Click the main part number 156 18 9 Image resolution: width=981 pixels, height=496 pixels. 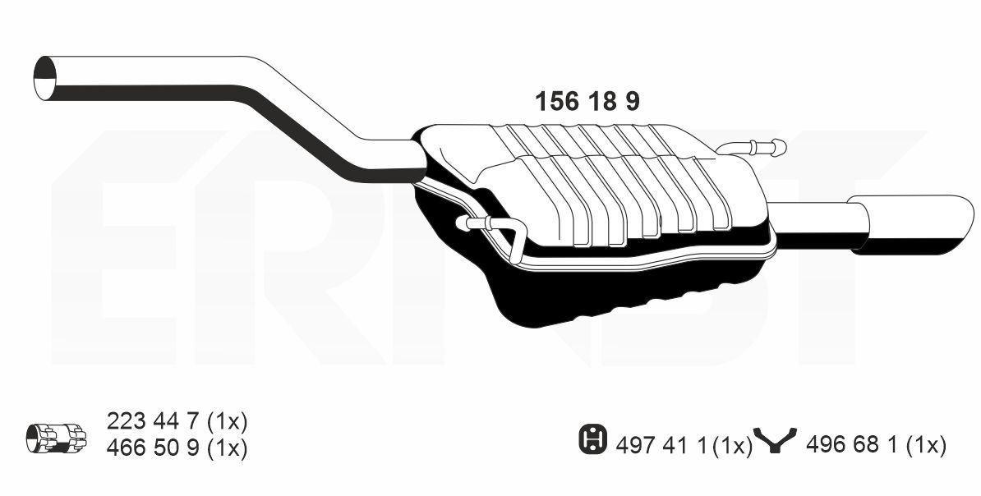(x=587, y=101)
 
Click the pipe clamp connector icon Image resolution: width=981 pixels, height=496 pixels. (x=57, y=437)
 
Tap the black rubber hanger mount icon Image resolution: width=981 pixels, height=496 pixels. (x=592, y=439)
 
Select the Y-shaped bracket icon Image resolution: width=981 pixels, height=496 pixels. (x=775, y=439)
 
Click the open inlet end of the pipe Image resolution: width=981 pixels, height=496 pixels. (x=44, y=78)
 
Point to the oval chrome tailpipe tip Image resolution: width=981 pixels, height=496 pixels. (x=911, y=224)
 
